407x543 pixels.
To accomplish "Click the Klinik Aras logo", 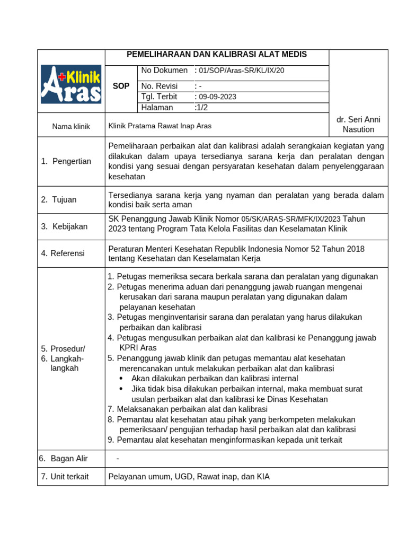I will (x=71, y=84).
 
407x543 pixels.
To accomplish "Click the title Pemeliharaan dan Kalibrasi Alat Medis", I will (x=216, y=55).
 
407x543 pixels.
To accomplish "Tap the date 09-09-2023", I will (x=217, y=97).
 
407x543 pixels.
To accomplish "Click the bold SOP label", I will (x=121, y=86).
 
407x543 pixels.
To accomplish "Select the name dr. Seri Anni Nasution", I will (x=358, y=125).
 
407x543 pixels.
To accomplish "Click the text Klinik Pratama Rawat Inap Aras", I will (x=160, y=127).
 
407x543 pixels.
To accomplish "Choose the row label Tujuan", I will (x=64, y=199).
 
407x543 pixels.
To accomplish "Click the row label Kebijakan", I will (x=69, y=226).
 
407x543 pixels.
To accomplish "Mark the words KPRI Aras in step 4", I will (x=138, y=348).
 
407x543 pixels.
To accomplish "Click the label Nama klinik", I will (x=71, y=127).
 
